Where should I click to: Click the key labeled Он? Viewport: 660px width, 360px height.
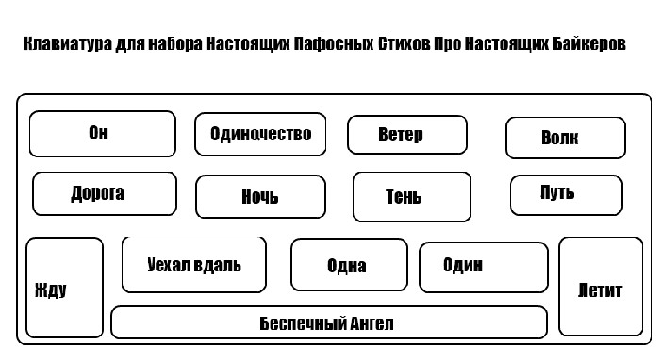click(102, 134)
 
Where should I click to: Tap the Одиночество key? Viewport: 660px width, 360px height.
click(260, 134)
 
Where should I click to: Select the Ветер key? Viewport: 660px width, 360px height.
click(407, 135)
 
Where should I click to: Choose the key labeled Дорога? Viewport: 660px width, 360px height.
click(105, 193)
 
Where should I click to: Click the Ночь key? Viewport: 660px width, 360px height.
click(260, 196)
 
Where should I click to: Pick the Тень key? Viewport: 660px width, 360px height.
click(412, 196)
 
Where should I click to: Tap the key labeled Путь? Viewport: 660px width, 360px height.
click(566, 195)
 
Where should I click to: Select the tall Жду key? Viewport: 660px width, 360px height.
click(64, 287)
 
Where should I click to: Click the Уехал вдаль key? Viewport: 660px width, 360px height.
click(194, 265)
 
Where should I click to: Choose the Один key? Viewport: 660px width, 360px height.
click(484, 267)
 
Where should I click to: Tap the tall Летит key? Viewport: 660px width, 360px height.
click(601, 286)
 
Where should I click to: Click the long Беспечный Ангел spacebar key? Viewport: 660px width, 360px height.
click(329, 322)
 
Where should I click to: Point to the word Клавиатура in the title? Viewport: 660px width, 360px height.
click(67, 44)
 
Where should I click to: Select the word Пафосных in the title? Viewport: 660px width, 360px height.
click(334, 43)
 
